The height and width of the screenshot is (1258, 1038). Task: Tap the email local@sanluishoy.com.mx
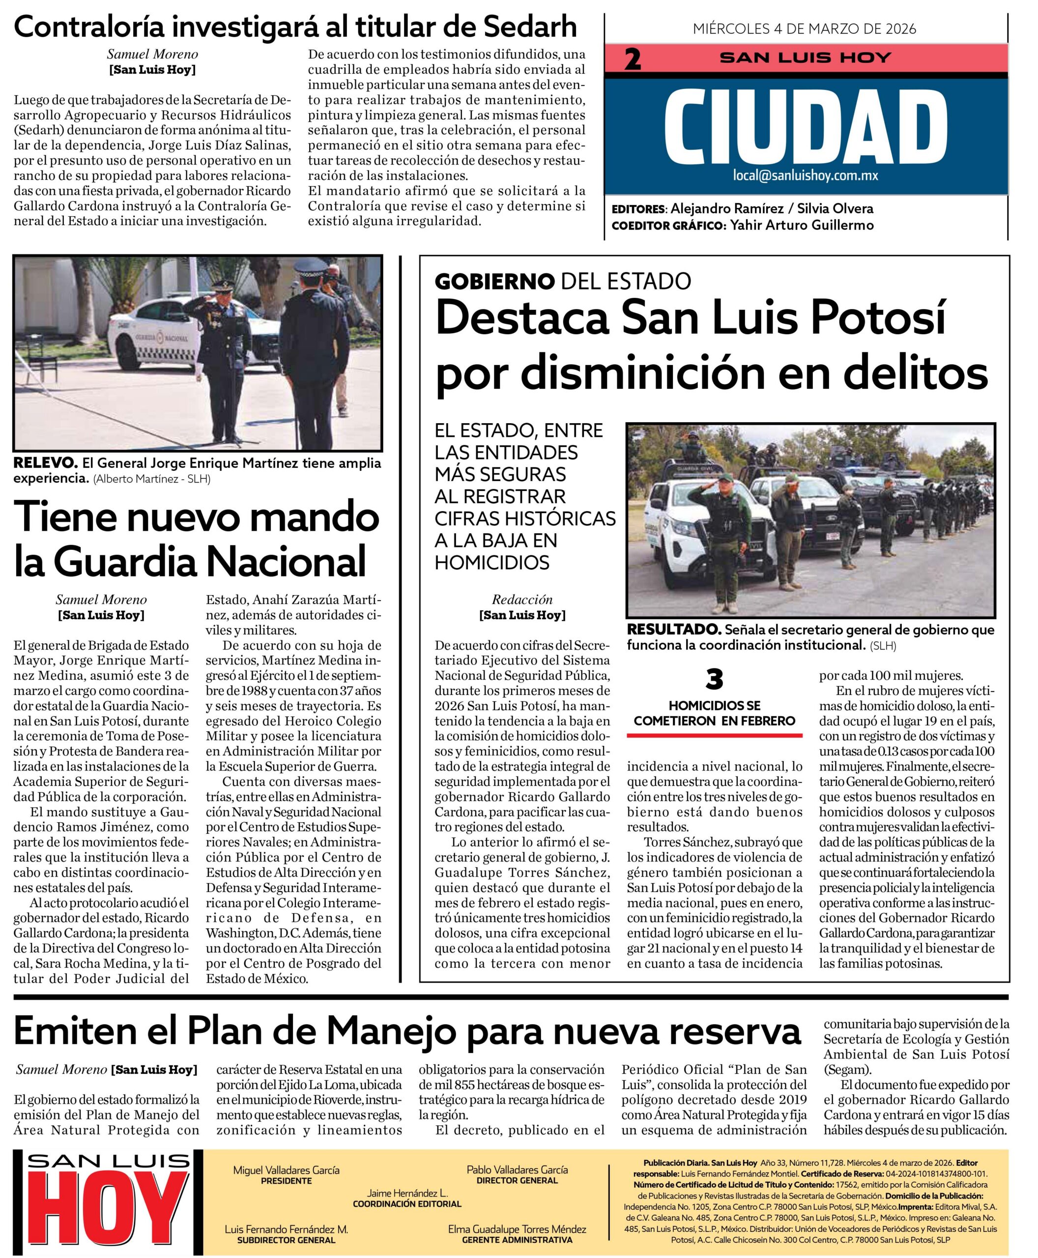click(x=806, y=175)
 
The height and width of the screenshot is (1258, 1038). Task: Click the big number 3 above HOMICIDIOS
click(x=714, y=679)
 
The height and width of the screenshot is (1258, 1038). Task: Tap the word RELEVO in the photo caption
click(x=45, y=463)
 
